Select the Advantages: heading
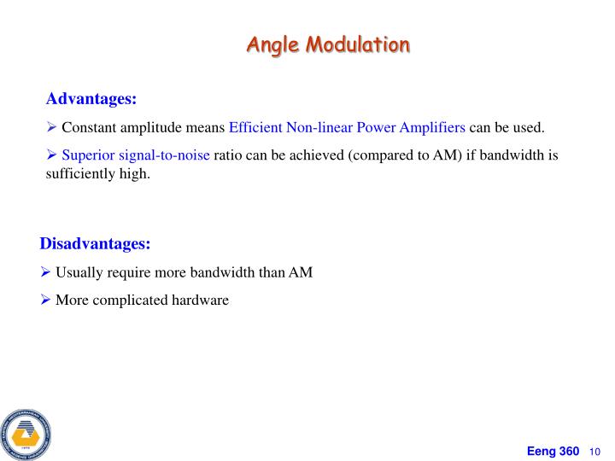point(91,100)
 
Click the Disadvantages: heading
point(95,244)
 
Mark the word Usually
point(79,272)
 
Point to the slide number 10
point(596,451)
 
